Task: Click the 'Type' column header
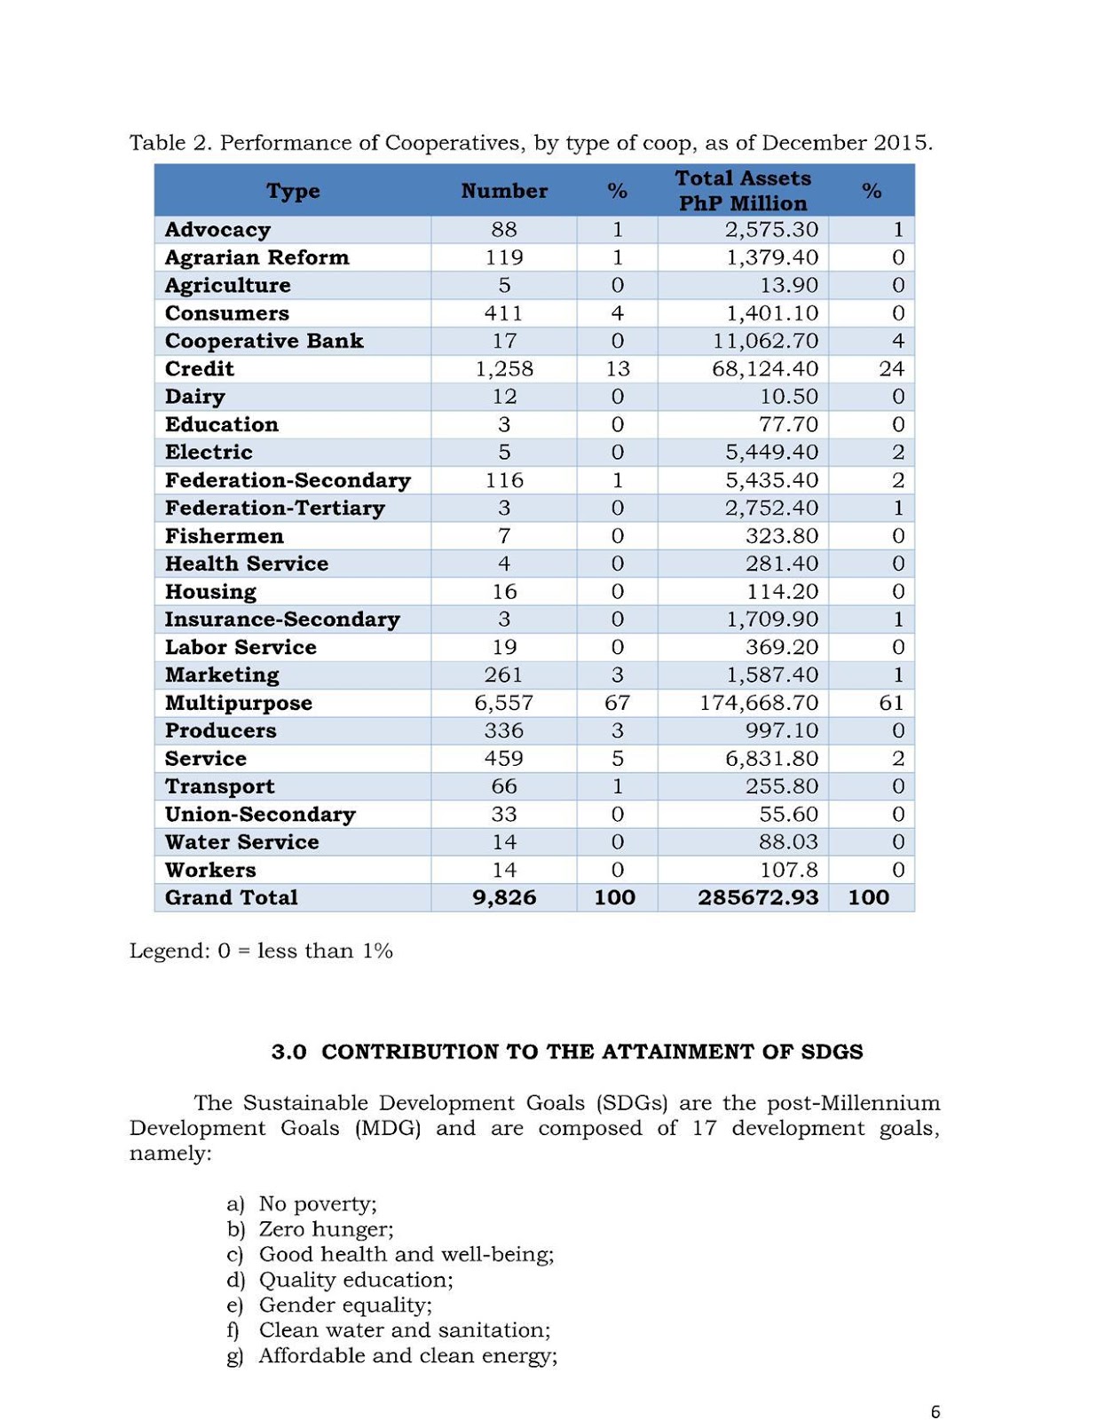coord(293,191)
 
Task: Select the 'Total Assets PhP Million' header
coord(743,191)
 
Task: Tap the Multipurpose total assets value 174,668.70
coord(758,703)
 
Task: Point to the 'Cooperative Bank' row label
coord(264,341)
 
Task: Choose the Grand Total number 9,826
coord(504,897)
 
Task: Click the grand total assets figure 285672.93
coord(758,897)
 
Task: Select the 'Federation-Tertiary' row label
coord(274,508)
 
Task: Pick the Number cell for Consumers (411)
coord(504,313)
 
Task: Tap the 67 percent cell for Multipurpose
coord(617,703)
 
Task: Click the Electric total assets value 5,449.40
coord(771,452)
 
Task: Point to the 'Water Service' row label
coord(241,841)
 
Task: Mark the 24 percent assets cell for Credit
coord(891,368)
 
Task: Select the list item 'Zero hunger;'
coord(326,1229)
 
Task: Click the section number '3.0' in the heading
coord(288,1052)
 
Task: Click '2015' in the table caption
coord(903,143)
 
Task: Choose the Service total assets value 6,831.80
coord(771,758)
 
